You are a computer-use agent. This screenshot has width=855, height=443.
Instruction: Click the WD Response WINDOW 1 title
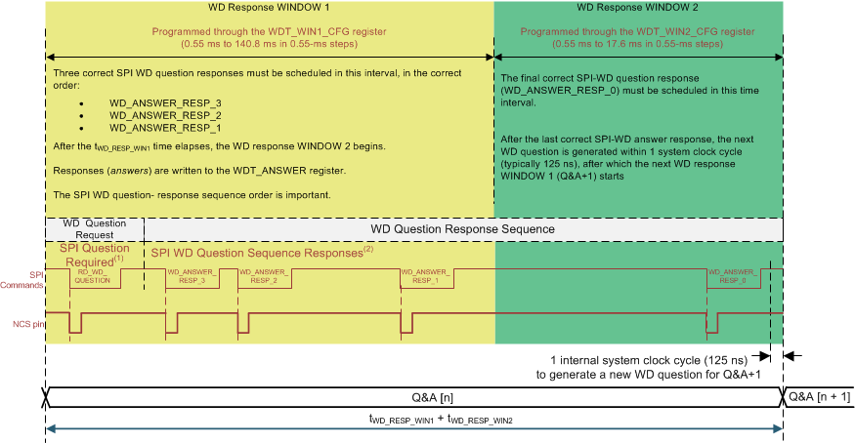pyautogui.click(x=270, y=8)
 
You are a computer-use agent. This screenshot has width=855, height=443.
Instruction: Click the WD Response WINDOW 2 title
pyautogui.click(x=638, y=8)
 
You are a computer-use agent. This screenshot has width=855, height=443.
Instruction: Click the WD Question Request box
pyautogui.click(x=95, y=229)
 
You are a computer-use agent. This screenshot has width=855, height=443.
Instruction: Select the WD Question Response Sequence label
pyautogui.click(x=462, y=228)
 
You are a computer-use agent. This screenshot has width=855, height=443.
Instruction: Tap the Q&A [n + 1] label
pyautogui.click(x=819, y=396)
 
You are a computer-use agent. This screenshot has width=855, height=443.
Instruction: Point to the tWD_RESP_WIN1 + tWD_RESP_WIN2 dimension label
pyautogui.click(x=415, y=419)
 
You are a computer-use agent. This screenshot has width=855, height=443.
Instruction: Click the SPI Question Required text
pyautogui.click(x=95, y=255)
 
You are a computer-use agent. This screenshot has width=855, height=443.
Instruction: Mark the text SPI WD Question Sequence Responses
pyautogui.click(x=259, y=252)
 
